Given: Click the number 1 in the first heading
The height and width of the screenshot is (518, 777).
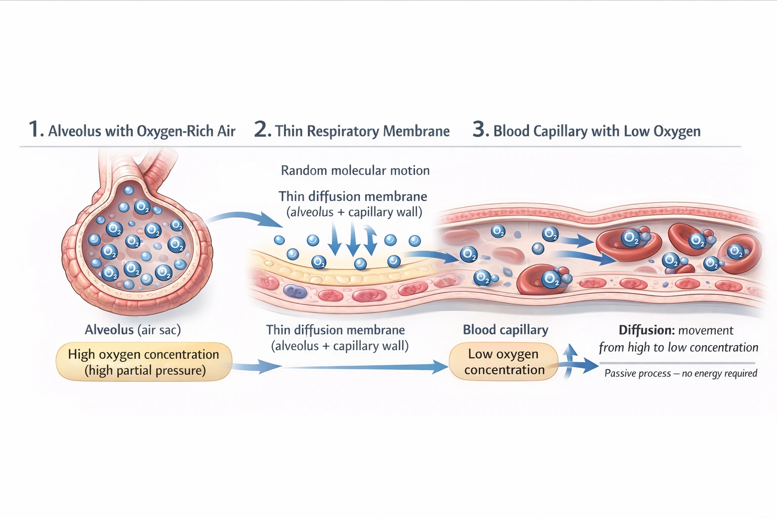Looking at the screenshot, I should click(x=34, y=129).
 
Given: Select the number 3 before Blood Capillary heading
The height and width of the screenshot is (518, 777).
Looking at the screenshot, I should click(x=480, y=129).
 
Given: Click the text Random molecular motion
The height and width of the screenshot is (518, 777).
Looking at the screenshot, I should click(x=355, y=170).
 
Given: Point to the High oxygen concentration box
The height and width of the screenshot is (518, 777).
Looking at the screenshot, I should click(x=144, y=362).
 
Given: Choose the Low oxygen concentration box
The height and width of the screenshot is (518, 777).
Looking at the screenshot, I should click(x=504, y=362).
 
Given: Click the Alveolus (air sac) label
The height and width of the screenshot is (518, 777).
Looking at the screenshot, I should click(x=133, y=330).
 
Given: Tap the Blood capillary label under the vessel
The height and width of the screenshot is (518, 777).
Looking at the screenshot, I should click(x=505, y=330).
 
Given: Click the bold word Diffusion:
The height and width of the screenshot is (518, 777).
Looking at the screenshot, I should click(x=646, y=330).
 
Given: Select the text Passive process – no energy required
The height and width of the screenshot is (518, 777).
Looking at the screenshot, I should click(x=680, y=373).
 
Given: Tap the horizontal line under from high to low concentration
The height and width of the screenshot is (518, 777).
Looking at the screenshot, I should click(x=677, y=363).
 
